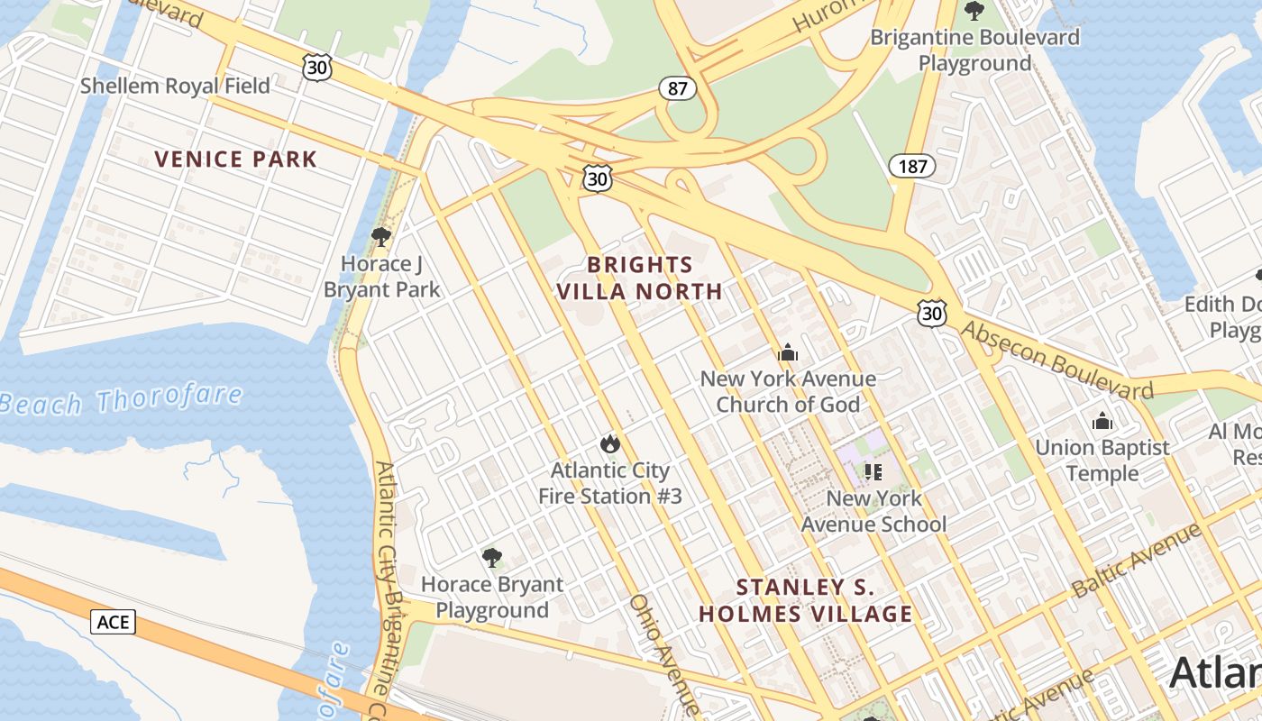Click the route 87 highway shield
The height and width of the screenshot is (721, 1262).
pyautogui.click(x=678, y=88)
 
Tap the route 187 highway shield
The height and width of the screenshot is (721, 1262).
pyautogui.click(x=912, y=166)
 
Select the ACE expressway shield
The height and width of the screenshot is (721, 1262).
pyautogui.click(x=113, y=622)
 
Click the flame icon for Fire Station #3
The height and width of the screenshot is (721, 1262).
pyautogui.click(x=610, y=443)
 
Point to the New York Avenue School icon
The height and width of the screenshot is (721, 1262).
pyautogui.click(x=873, y=471)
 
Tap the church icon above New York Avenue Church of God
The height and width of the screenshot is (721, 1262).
pyautogui.click(x=788, y=352)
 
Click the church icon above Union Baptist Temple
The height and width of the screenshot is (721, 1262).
pyautogui.click(x=1102, y=421)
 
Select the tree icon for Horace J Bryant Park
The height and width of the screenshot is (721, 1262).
pyautogui.click(x=381, y=237)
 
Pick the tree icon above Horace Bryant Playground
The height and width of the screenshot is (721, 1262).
pyautogui.click(x=491, y=558)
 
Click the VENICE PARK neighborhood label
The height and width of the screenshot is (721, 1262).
pyautogui.click(x=236, y=160)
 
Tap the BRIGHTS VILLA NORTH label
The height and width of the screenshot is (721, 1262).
pyautogui.click(x=639, y=278)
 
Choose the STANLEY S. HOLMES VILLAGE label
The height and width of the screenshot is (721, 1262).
pyautogui.click(x=806, y=601)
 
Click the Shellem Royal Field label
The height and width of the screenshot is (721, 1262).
pyautogui.click(x=175, y=86)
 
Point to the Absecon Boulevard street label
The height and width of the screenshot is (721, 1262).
pyautogui.click(x=1056, y=360)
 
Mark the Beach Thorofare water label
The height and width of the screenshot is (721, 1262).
pyautogui.click(x=122, y=400)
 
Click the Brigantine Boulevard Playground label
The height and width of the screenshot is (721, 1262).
pyautogui.click(x=974, y=50)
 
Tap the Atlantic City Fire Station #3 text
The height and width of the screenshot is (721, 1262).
pyautogui.click(x=610, y=483)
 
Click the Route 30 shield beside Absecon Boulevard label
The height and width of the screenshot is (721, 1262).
pyautogui.click(x=932, y=314)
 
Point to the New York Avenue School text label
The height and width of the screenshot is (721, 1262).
pyautogui.click(x=873, y=511)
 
